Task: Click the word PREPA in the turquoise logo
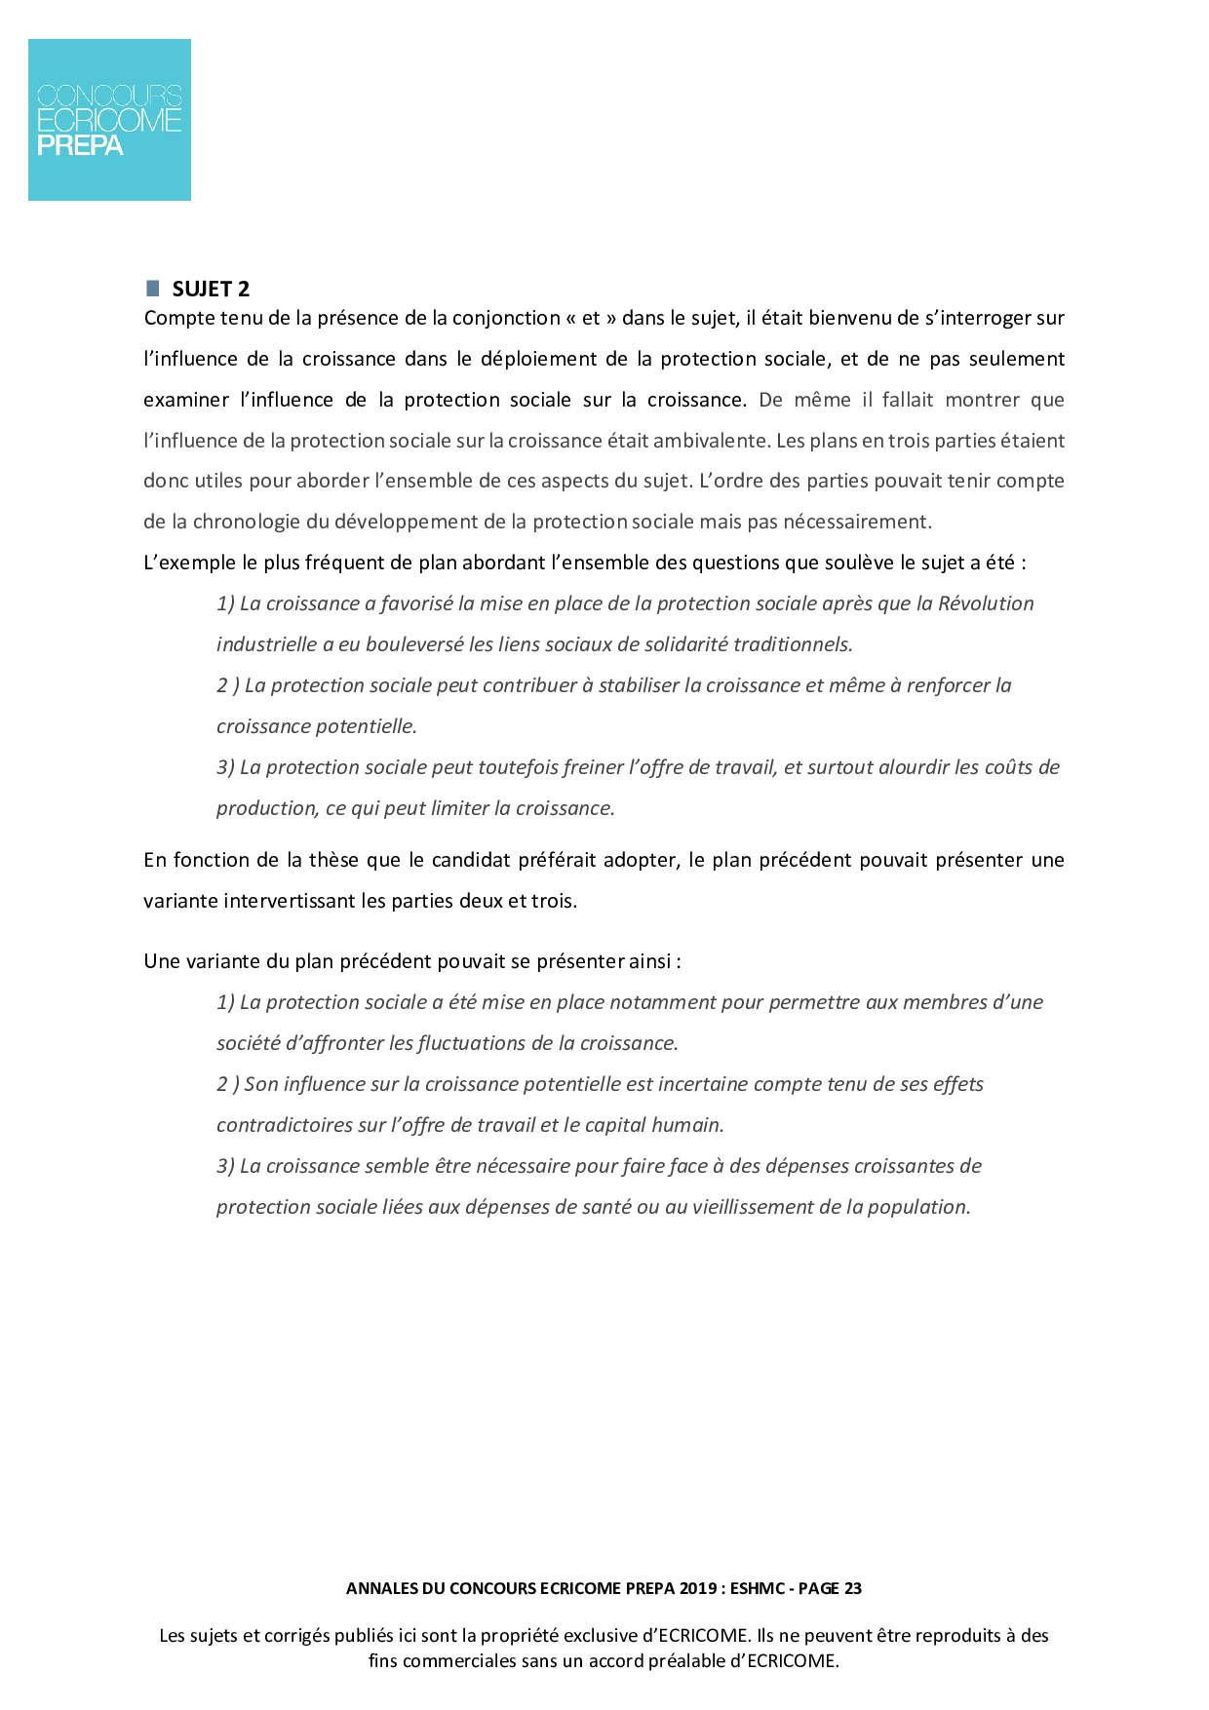click(x=80, y=146)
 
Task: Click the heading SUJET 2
click(x=211, y=289)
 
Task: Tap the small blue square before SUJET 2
click(x=152, y=288)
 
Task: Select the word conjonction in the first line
click(x=506, y=318)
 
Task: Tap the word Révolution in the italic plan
click(x=986, y=603)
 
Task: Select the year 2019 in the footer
click(x=699, y=1588)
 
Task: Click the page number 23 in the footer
click(x=852, y=1588)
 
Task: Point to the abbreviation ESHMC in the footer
click(x=758, y=1588)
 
